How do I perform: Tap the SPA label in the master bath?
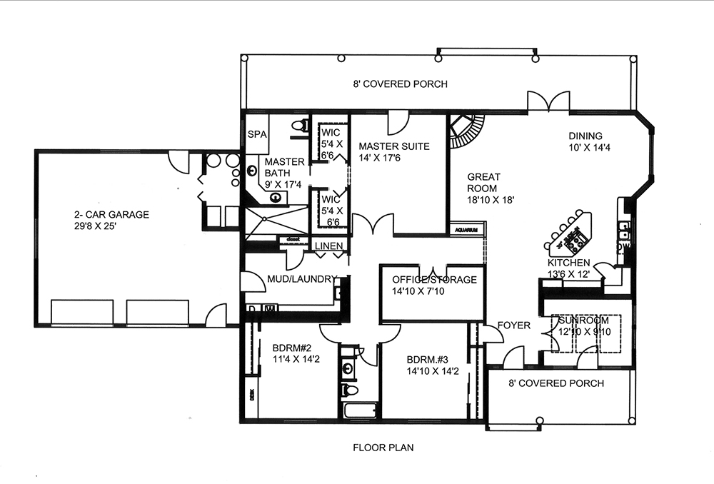[x=256, y=134]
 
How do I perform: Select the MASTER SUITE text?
[x=394, y=146]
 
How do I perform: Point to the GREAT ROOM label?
[x=484, y=183]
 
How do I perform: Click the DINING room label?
[x=585, y=136]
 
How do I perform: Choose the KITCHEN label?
[x=568, y=263]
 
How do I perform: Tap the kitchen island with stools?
[x=570, y=234]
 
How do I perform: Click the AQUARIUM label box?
[x=467, y=231]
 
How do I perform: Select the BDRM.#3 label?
[x=426, y=360]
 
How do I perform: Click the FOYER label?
[x=514, y=326]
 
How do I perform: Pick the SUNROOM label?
[x=583, y=321]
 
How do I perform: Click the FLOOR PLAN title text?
[x=383, y=448]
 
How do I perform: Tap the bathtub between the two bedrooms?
[x=359, y=411]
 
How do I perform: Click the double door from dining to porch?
[x=548, y=102]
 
